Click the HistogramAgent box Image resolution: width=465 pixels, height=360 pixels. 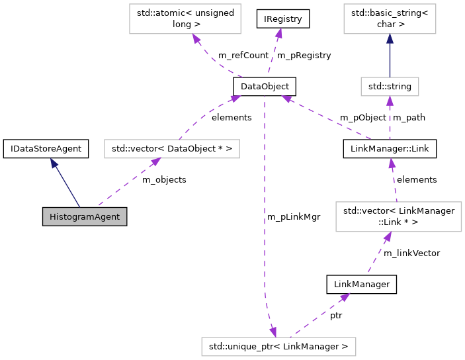click(84, 216)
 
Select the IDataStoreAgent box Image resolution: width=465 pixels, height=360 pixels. click(46, 149)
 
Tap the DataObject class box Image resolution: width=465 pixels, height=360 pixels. click(264, 86)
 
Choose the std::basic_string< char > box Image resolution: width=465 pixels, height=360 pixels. click(390, 19)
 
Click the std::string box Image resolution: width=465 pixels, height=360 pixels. click(390, 86)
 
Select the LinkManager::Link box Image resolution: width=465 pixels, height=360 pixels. click(390, 149)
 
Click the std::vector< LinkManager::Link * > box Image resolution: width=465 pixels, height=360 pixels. click(398, 216)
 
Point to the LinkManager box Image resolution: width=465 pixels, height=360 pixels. click(362, 285)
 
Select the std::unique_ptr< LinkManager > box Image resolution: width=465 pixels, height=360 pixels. click(278, 346)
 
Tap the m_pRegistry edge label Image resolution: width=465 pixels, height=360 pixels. click(304, 55)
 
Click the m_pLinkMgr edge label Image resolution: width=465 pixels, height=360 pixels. click(294, 216)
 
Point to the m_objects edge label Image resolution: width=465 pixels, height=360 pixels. click(164, 179)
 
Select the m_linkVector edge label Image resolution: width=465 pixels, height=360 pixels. click(411, 252)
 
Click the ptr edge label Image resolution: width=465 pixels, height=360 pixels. click(336, 316)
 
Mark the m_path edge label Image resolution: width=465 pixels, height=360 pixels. click(409, 117)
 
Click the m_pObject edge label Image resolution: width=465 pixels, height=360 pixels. click(363, 117)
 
